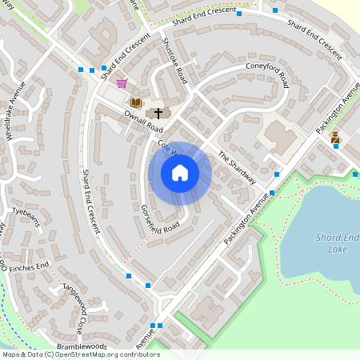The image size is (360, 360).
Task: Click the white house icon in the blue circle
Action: tap(180, 173)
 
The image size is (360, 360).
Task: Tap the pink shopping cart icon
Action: tap(121, 83)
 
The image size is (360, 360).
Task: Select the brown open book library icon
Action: tap(136, 102)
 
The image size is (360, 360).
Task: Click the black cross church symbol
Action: tap(158, 113)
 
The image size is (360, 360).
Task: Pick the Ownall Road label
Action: tap(143, 122)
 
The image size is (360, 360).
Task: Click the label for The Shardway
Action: tap(236, 168)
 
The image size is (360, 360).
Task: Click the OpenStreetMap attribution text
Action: tap(81, 354)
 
